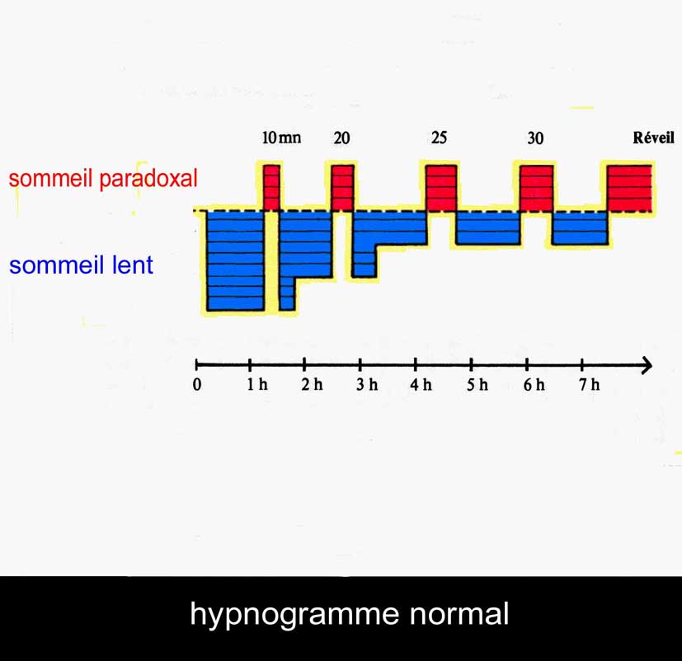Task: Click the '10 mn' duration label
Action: click(281, 138)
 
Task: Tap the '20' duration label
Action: click(341, 138)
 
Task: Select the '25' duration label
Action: click(439, 138)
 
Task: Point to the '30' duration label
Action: click(535, 138)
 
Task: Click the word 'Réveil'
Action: click(653, 138)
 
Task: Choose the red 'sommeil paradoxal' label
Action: click(103, 178)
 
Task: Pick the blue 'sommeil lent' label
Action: click(82, 265)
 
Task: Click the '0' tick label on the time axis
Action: click(197, 385)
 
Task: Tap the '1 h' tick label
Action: click(257, 384)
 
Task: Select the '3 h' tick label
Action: click(367, 384)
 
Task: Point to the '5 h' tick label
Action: click(477, 384)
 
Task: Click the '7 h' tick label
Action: click(590, 384)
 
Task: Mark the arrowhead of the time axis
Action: click(648, 365)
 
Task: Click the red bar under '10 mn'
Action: click(272, 188)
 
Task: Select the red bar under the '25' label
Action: click(441, 188)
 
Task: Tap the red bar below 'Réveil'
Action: click(629, 188)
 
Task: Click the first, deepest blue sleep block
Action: click(236, 260)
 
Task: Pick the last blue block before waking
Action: click(580, 227)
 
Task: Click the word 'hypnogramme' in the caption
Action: click(294, 615)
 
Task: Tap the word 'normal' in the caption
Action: click(459, 614)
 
